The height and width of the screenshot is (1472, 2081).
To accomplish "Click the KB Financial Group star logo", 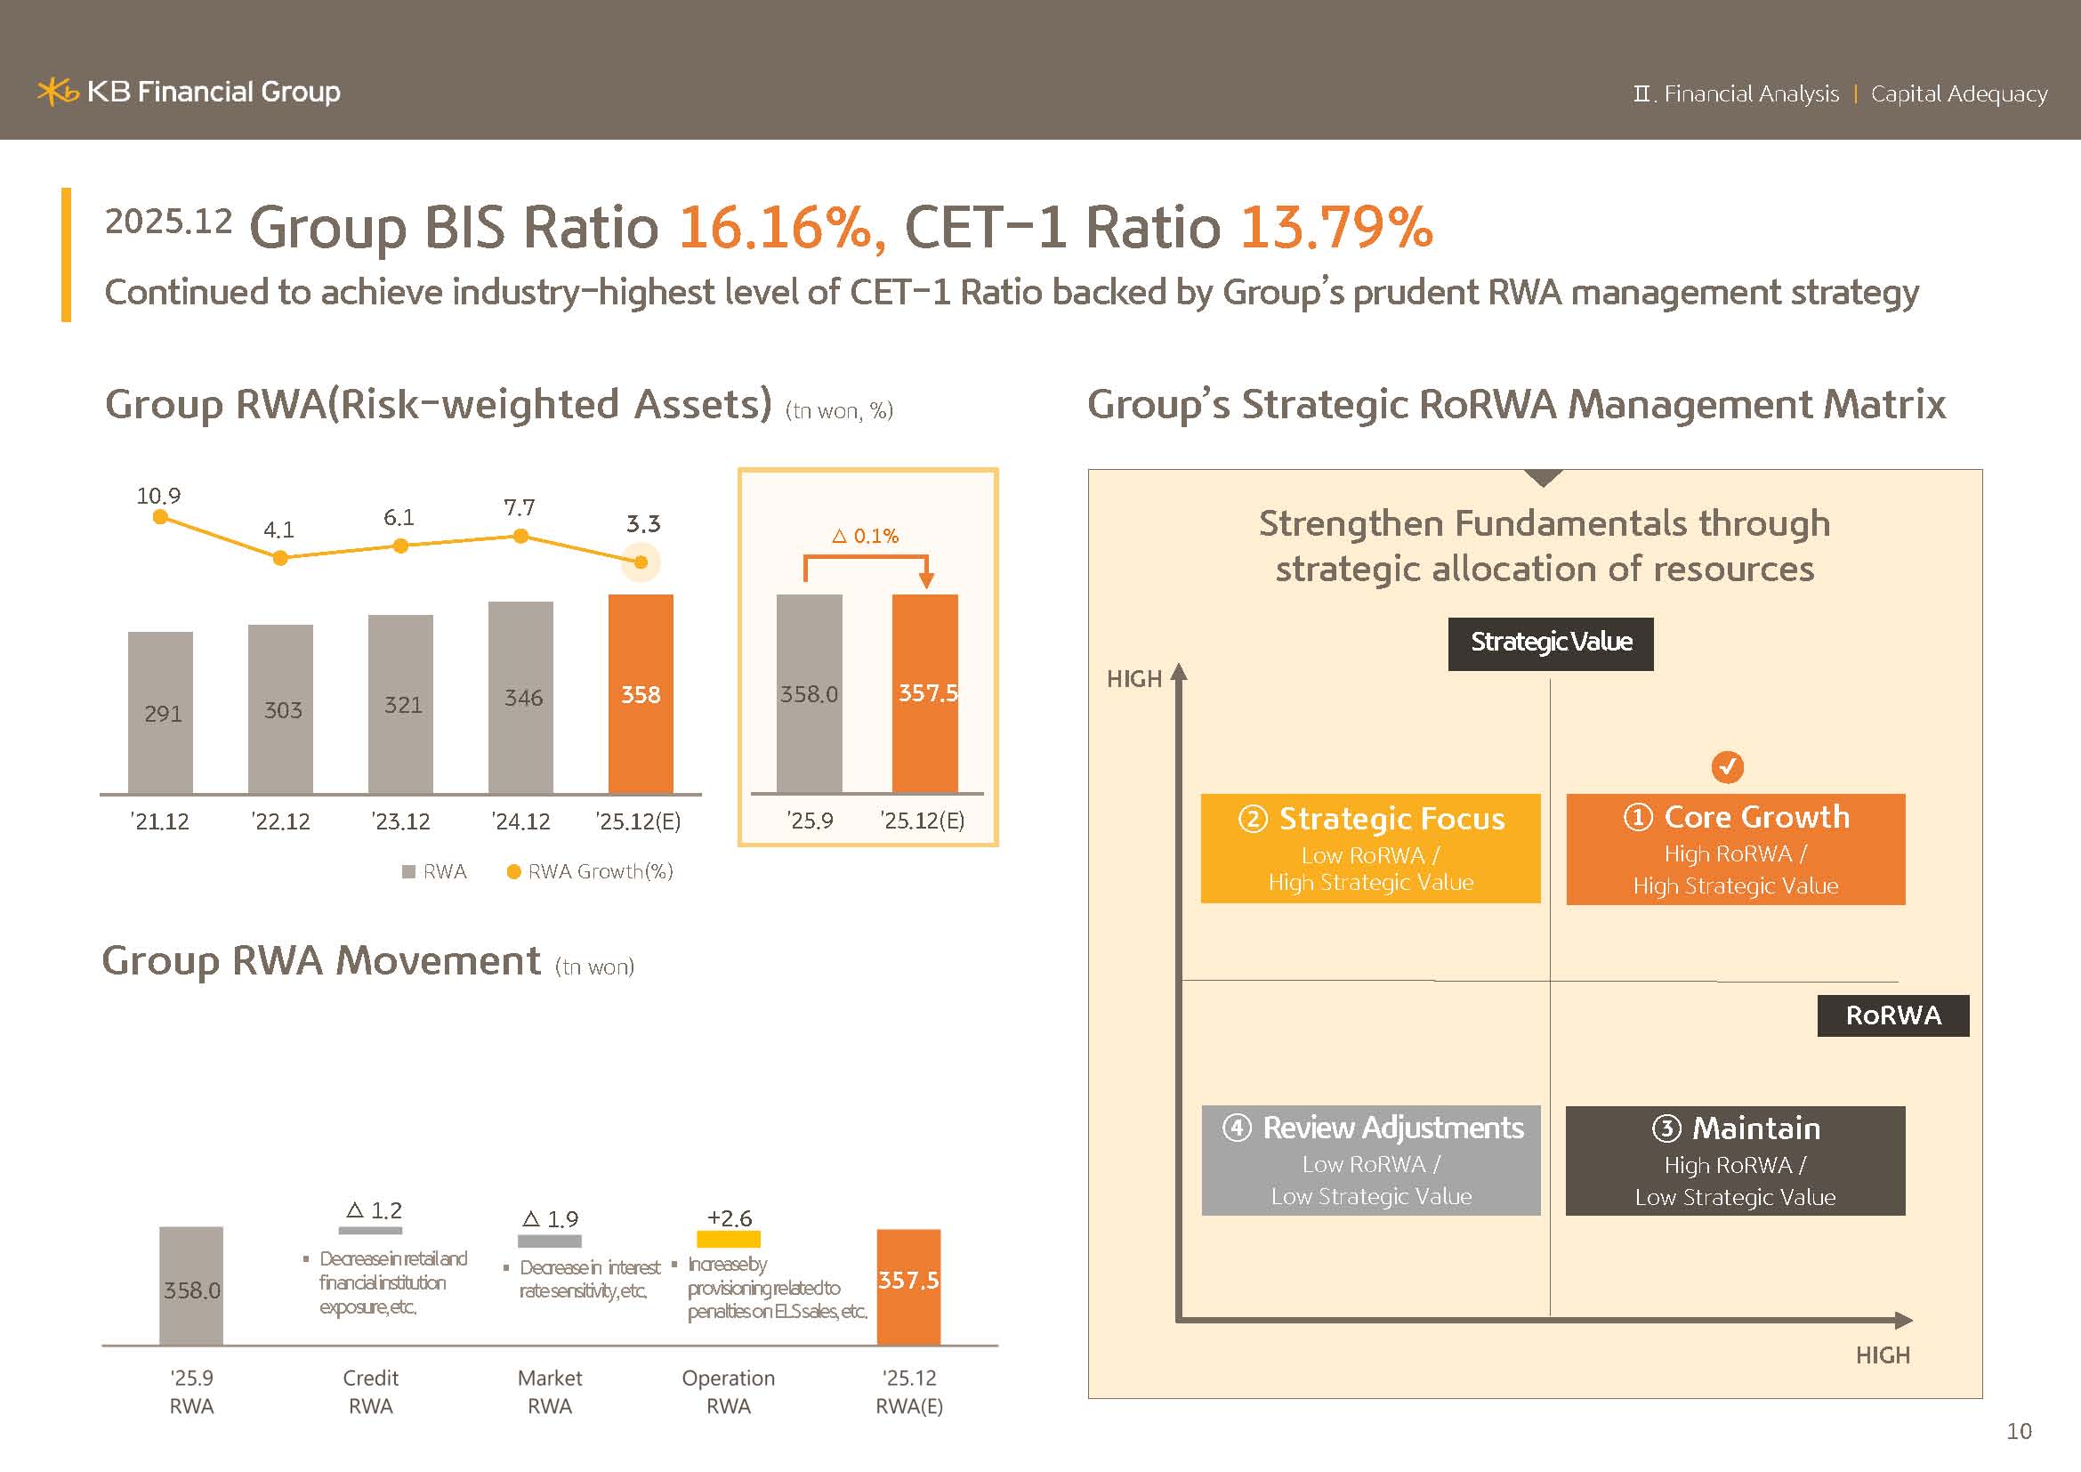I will click(58, 92).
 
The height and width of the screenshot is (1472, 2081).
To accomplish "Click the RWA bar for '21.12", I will click(160, 713).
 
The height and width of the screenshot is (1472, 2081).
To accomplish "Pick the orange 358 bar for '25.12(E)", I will click(641, 694).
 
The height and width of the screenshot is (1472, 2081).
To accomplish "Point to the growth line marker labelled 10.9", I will click(160, 517).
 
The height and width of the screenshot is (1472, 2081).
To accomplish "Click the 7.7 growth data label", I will click(520, 507).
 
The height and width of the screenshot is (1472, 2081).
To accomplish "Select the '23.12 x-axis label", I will click(400, 821).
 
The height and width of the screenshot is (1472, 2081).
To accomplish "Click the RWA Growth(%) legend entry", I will click(590, 872).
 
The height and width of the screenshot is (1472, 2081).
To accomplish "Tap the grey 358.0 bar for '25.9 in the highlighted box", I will click(809, 694).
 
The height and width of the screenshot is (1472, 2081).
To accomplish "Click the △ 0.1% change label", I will click(866, 536).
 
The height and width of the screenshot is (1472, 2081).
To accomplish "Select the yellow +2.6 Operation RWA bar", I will click(728, 1239).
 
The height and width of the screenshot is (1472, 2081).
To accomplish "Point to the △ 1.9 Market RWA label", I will click(550, 1219).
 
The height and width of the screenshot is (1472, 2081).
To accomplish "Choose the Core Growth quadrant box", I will click(1736, 849).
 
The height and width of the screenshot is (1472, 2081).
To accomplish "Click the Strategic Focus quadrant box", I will click(1370, 848).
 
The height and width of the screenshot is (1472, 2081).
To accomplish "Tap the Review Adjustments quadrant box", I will click(1370, 1161).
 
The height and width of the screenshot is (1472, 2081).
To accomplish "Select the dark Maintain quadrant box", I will click(1736, 1161).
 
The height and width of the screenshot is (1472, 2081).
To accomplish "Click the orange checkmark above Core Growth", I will click(1728, 767).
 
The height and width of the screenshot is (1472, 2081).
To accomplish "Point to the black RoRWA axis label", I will click(1892, 1015).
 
